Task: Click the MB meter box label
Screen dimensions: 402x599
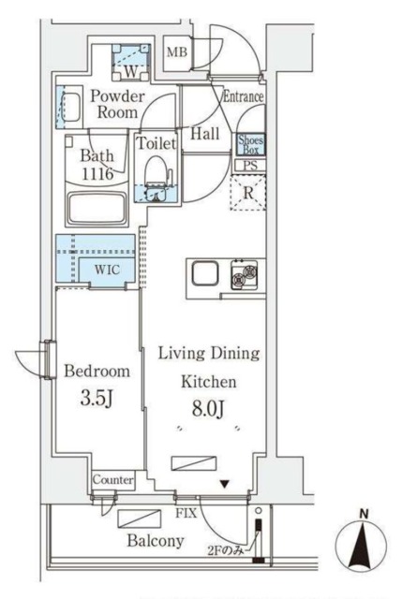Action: coord(177,51)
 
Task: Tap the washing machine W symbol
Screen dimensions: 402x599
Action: coord(130,71)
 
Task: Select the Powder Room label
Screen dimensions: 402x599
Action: coord(117,104)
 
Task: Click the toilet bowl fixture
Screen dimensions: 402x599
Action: coord(156,172)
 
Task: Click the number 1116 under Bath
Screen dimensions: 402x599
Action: coord(97,174)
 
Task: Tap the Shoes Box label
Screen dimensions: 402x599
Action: coord(250,144)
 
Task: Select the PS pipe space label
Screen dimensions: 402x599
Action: coord(250,166)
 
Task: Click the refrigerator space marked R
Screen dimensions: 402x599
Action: coord(248,193)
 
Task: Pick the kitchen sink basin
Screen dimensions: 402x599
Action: coord(205,272)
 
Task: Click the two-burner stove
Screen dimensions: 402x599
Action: coord(244,274)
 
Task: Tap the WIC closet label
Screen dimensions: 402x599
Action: coord(107,270)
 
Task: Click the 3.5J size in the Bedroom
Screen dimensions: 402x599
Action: coord(97,399)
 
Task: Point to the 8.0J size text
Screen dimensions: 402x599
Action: coord(208,409)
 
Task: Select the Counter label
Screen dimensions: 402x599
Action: coord(113,479)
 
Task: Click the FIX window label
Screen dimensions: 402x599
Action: coord(186,513)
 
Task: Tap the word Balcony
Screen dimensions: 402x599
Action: coord(156,541)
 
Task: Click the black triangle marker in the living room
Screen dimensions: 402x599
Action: coord(224,485)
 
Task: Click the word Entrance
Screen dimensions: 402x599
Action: coord(244,96)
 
